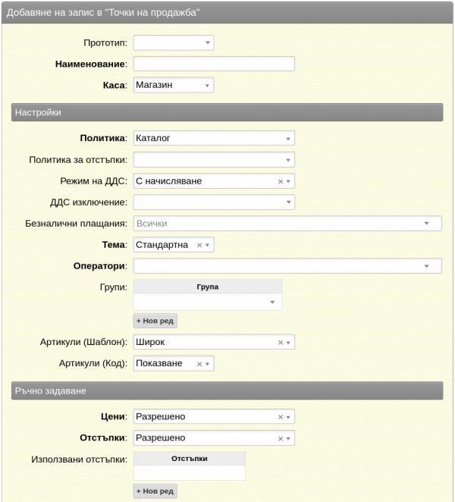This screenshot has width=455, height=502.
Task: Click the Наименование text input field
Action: (213, 64)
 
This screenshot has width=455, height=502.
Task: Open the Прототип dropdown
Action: (173, 42)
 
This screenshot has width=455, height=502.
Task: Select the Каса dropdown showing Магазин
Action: (173, 85)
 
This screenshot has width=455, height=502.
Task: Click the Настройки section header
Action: (227, 112)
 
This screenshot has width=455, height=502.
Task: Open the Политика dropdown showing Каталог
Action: (213, 138)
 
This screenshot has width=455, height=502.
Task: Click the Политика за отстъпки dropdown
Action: (213, 159)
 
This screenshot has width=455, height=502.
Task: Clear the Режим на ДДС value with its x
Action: (280, 181)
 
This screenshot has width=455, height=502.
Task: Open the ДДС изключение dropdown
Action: (213, 202)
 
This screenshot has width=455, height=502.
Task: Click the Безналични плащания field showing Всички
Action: (287, 223)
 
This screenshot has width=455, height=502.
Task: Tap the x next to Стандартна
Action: (199, 245)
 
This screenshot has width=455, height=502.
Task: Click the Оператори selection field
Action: (287, 265)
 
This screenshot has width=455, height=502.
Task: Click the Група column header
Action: (207, 287)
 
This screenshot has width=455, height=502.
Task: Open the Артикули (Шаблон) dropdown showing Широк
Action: (213, 343)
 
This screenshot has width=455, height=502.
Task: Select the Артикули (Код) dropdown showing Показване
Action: (173, 364)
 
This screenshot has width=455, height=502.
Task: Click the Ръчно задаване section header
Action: (227, 391)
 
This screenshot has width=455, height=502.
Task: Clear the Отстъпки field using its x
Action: (280, 438)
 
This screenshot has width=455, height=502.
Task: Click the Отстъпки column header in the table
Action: (189, 458)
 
